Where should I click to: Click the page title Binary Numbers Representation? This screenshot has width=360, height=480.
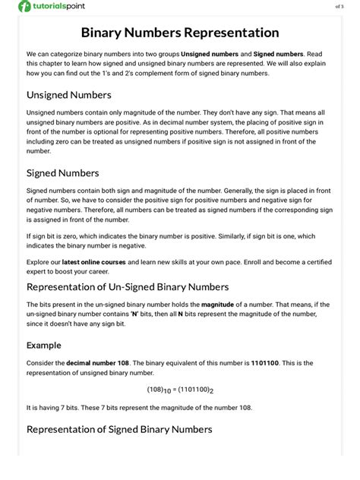click(180, 33)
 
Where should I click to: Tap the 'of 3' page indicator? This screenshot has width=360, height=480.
click(339, 7)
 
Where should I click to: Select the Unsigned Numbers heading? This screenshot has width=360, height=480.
click(68, 95)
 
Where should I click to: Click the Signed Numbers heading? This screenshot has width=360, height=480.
click(62, 172)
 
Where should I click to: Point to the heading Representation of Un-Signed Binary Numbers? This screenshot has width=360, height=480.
click(128, 286)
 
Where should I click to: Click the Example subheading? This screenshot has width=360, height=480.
click(44, 344)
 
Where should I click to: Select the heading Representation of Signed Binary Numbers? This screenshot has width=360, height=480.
click(119, 429)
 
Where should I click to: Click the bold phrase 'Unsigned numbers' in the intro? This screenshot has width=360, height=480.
click(210, 55)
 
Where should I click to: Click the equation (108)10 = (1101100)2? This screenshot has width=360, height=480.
click(180, 390)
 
